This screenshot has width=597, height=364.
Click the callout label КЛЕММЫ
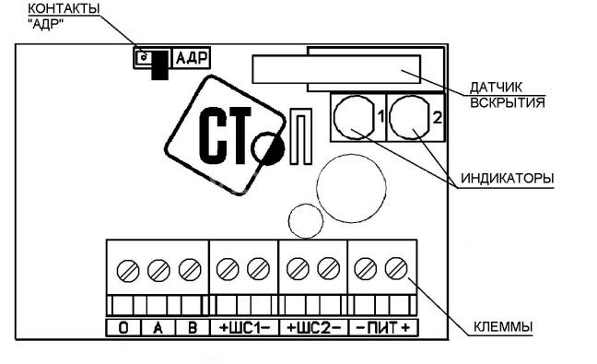tap(503, 327)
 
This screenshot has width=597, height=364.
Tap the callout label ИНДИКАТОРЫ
tap(507, 178)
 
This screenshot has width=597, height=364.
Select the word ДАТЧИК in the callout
tap(496, 88)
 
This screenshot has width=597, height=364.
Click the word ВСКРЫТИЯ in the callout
tap(508, 102)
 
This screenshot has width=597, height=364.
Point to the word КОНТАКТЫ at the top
tap(64, 9)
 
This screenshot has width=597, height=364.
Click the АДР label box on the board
tap(192, 58)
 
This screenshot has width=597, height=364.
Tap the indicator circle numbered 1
tap(354, 117)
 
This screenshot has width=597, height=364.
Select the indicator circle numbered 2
tap(410, 117)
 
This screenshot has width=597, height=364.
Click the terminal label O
tap(123, 327)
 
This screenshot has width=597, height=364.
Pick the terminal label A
tap(158, 327)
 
